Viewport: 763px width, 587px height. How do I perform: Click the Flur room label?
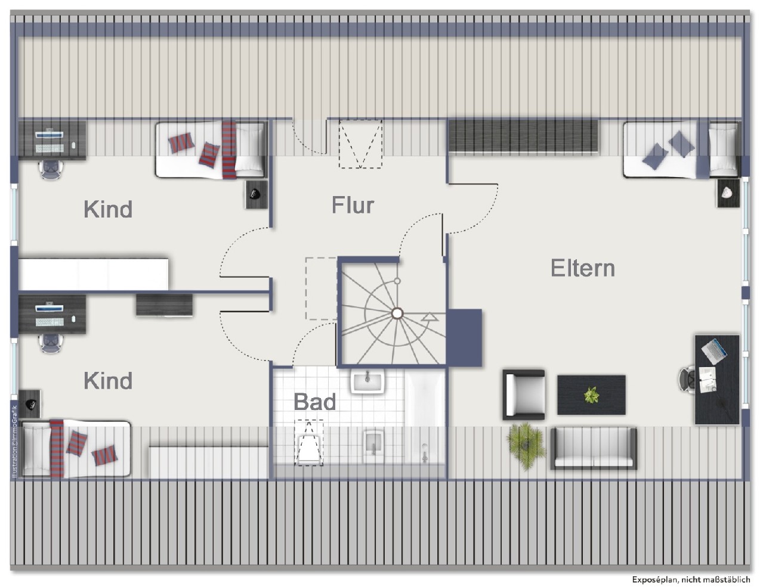(353, 206)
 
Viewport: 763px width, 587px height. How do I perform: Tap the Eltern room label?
(582, 268)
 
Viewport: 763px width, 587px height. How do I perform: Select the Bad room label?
(314, 402)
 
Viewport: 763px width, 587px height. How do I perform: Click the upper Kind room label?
(108, 209)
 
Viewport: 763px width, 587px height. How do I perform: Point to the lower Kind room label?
(108, 380)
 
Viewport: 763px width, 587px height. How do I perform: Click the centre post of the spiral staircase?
(397, 313)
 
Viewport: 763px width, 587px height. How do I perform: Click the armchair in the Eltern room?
(523, 393)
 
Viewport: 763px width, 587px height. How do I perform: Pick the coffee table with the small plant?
(591, 395)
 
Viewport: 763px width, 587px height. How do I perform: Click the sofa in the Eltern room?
(593, 448)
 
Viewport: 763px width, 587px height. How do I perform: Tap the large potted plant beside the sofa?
(526, 441)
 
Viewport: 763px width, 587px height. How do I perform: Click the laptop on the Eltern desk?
(713, 350)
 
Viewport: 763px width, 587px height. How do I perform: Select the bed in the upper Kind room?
(210, 150)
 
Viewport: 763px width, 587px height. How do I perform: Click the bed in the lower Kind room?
(75, 448)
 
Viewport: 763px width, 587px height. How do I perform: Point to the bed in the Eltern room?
(680, 150)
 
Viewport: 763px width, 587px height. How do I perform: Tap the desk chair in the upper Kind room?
(51, 169)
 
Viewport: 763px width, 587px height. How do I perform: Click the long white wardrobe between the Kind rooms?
(93, 274)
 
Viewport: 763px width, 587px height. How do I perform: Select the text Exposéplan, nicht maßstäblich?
(691, 579)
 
